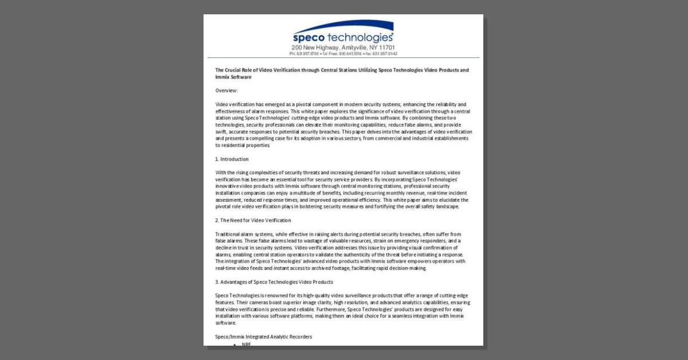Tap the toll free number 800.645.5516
[350, 53]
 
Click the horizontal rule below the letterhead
[343, 58]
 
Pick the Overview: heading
[226, 91]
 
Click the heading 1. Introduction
[232, 159]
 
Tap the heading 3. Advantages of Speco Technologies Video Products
[273, 281]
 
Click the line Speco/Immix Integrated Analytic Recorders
[263, 336]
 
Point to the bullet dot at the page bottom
[236, 344]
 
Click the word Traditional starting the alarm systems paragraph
[228, 234]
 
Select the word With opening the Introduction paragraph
[221, 173]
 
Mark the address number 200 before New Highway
[296, 48]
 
